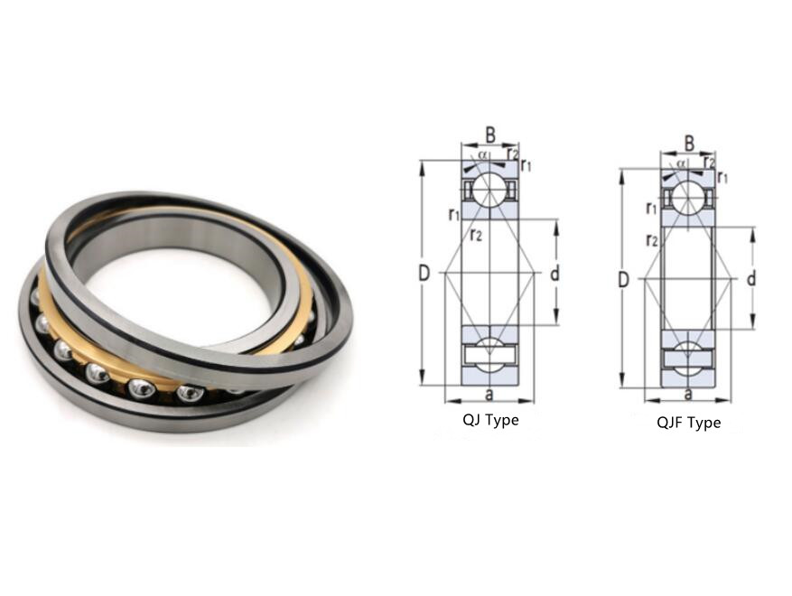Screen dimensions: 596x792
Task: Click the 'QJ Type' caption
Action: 489,420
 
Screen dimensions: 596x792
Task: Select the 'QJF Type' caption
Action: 688,423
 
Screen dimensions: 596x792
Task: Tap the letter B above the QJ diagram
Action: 490,135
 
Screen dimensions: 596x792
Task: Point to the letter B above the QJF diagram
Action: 689,143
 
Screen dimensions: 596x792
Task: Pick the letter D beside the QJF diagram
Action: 622,280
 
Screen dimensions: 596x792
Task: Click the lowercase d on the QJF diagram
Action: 751,280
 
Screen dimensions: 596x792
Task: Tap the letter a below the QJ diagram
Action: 489,395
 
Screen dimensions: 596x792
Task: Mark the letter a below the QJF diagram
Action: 688,394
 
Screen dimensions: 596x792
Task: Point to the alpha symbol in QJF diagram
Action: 681,163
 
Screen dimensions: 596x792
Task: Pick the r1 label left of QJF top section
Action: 651,210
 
